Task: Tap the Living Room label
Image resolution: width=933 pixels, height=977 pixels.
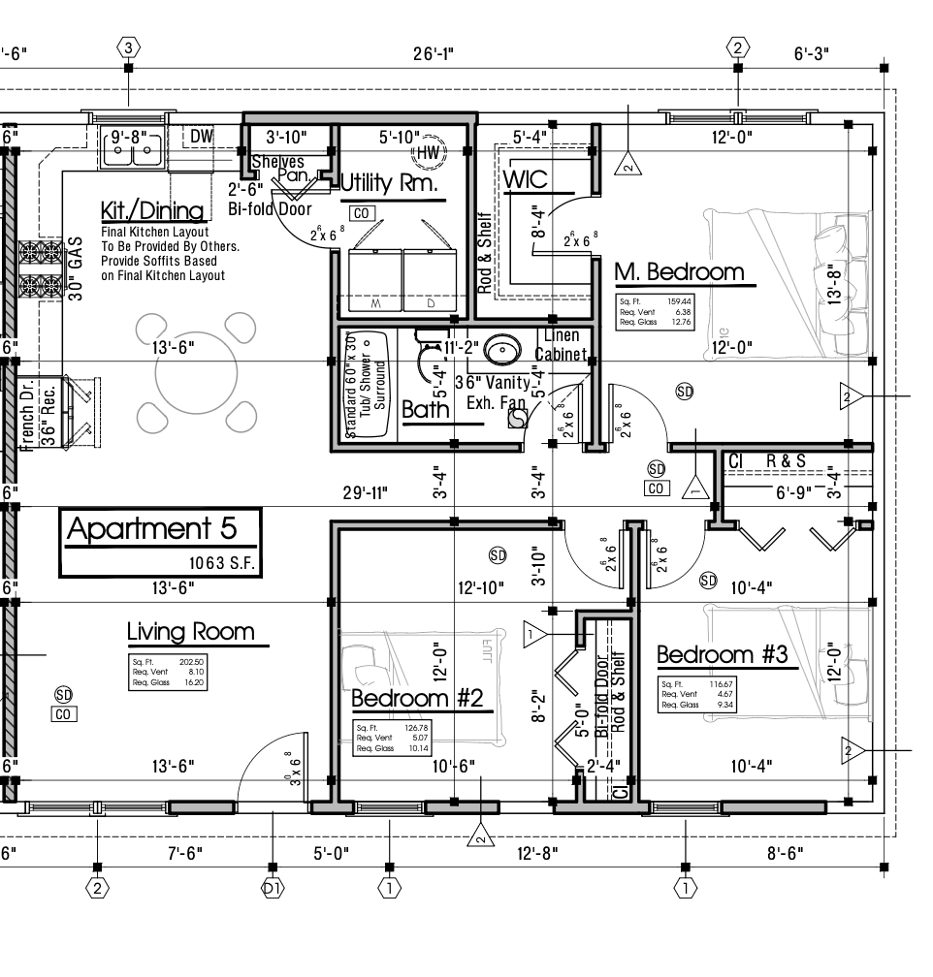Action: click(x=191, y=633)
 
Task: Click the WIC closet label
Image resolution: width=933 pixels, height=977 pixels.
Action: click(x=526, y=179)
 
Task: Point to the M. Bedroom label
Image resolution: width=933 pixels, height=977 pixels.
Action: click(x=680, y=271)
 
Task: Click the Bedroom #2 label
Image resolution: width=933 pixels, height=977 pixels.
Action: click(x=417, y=698)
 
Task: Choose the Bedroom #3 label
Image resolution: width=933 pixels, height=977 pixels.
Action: click(x=723, y=655)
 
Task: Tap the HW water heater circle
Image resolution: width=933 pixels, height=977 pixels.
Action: click(x=429, y=152)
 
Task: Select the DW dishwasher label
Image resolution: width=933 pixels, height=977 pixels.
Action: click(x=201, y=137)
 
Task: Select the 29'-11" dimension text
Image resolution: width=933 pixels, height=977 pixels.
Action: click(x=365, y=493)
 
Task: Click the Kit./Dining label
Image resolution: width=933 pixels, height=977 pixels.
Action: click(x=152, y=211)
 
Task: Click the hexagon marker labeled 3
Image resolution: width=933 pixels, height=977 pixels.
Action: click(x=129, y=47)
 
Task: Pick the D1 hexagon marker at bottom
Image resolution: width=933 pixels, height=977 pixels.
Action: click(x=273, y=887)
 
